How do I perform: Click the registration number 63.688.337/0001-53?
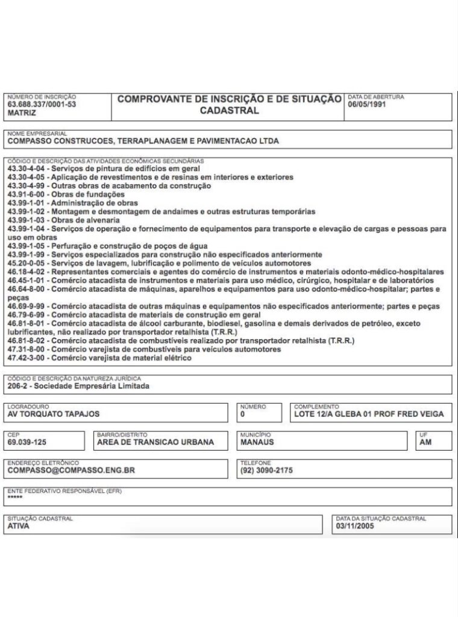pos(42,104)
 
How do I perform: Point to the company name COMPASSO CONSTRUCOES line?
pos(143,141)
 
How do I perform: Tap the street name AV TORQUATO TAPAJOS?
pos(54,414)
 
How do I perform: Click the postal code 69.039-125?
pos(27,442)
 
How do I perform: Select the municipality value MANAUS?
pos(257,442)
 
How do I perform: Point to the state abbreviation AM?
pos(425,442)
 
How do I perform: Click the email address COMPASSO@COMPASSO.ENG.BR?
pos(71,470)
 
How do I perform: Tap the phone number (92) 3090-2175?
pos(266,470)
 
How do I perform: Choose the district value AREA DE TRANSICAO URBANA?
pos(155,442)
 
